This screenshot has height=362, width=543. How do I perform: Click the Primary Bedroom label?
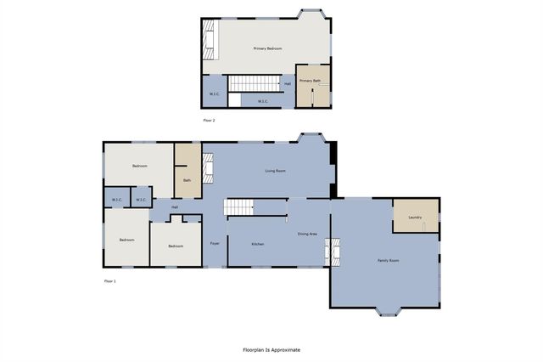[267, 49]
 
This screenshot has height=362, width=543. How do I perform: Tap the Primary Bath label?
[310, 81]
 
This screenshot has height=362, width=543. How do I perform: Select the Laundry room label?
[415, 217]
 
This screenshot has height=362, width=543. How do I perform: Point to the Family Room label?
[388, 260]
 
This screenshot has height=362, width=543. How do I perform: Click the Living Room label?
[275, 171]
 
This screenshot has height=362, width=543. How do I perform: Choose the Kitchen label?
[257, 244]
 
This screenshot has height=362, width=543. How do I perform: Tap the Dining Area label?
[307, 234]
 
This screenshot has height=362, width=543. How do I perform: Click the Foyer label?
[216, 244]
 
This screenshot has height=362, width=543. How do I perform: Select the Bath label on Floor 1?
[187, 180]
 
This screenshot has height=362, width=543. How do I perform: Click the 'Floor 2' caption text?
[209, 122]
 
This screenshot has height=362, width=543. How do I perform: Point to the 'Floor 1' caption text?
[109, 280]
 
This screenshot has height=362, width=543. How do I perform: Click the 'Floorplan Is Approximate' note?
[271, 349]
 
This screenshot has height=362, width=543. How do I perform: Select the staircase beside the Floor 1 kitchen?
[239, 207]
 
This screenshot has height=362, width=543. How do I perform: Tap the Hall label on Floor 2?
[288, 84]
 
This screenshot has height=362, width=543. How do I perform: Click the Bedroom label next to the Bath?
[139, 167]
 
